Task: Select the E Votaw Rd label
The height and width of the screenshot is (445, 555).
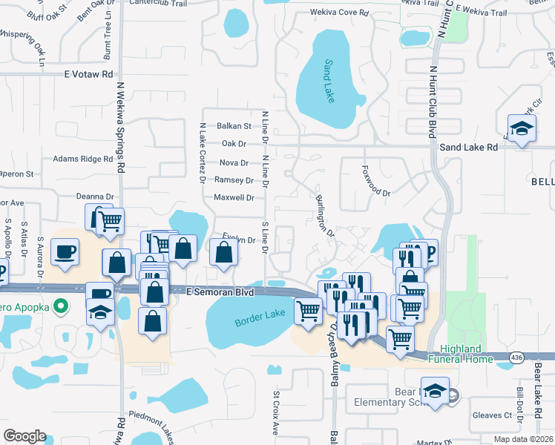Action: point(88,74)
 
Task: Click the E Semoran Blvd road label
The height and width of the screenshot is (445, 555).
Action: point(220,292)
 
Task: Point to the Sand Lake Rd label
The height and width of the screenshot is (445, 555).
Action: point(468,148)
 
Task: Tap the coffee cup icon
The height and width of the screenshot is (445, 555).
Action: point(65,251)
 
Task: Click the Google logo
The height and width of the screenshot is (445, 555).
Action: point(24,436)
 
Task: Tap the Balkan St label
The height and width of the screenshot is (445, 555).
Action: point(234,126)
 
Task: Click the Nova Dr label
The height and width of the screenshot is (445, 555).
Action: point(234,162)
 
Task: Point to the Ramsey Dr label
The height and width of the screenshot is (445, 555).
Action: point(233,180)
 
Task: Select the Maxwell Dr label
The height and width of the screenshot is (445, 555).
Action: point(234,198)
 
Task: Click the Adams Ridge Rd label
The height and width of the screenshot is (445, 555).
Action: point(82,159)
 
